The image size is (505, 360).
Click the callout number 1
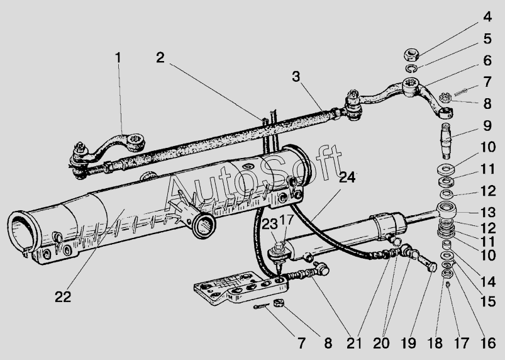[118, 57]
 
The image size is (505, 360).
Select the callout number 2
[161, 57]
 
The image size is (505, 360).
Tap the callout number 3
[296, 77]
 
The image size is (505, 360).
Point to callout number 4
[487, 15]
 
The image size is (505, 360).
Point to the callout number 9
[488, 125]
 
